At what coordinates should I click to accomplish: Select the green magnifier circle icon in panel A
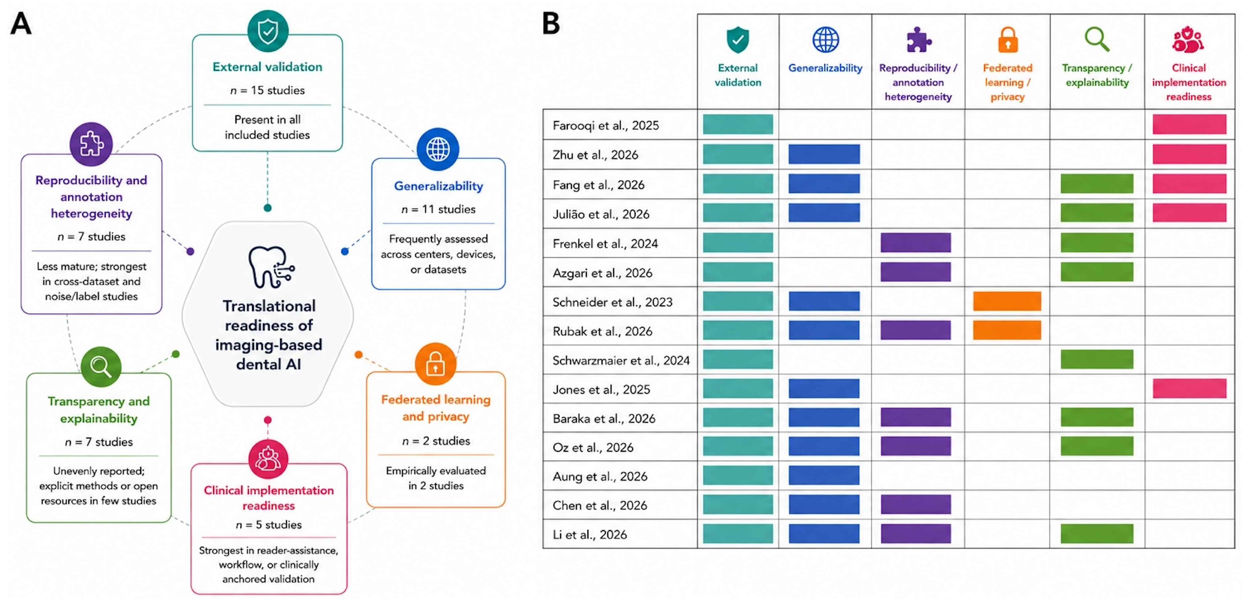coord(101,366)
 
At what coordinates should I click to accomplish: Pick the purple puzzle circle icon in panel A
coord(91,144)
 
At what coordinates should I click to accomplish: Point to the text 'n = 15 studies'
coord(267,90)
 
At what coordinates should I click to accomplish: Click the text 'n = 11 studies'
coord(438,209)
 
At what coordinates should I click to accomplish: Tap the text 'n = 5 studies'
coord(269,525)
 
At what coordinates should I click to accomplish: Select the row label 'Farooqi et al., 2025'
coord(606,126)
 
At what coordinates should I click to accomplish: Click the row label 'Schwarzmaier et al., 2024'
coord(621,361)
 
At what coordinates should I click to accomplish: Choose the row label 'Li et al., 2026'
coord(590,534)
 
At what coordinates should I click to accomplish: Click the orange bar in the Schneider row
coord(1007,301)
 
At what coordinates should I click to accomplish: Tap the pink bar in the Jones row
coord(1190,389)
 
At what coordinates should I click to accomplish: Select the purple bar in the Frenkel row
coord(915,243)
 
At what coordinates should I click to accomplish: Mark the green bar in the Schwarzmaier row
coord(1097,359)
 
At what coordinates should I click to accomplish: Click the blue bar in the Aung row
coord(824,475)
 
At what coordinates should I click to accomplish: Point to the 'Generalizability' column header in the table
coord(825,68)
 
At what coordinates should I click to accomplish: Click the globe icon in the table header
coord(826,40)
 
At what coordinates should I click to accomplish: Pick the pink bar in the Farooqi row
coord(1190,124)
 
